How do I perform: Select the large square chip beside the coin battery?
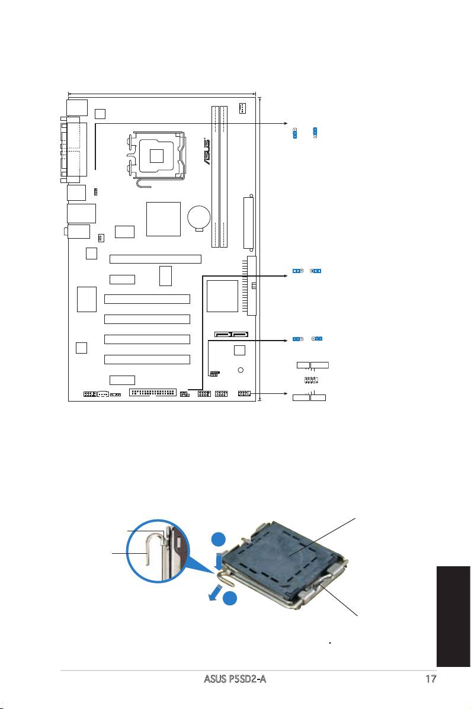point(163,219)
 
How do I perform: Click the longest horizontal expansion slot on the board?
point(155,259)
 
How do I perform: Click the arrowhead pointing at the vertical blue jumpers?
point(283,124)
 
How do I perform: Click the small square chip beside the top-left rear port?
point(100,113)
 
